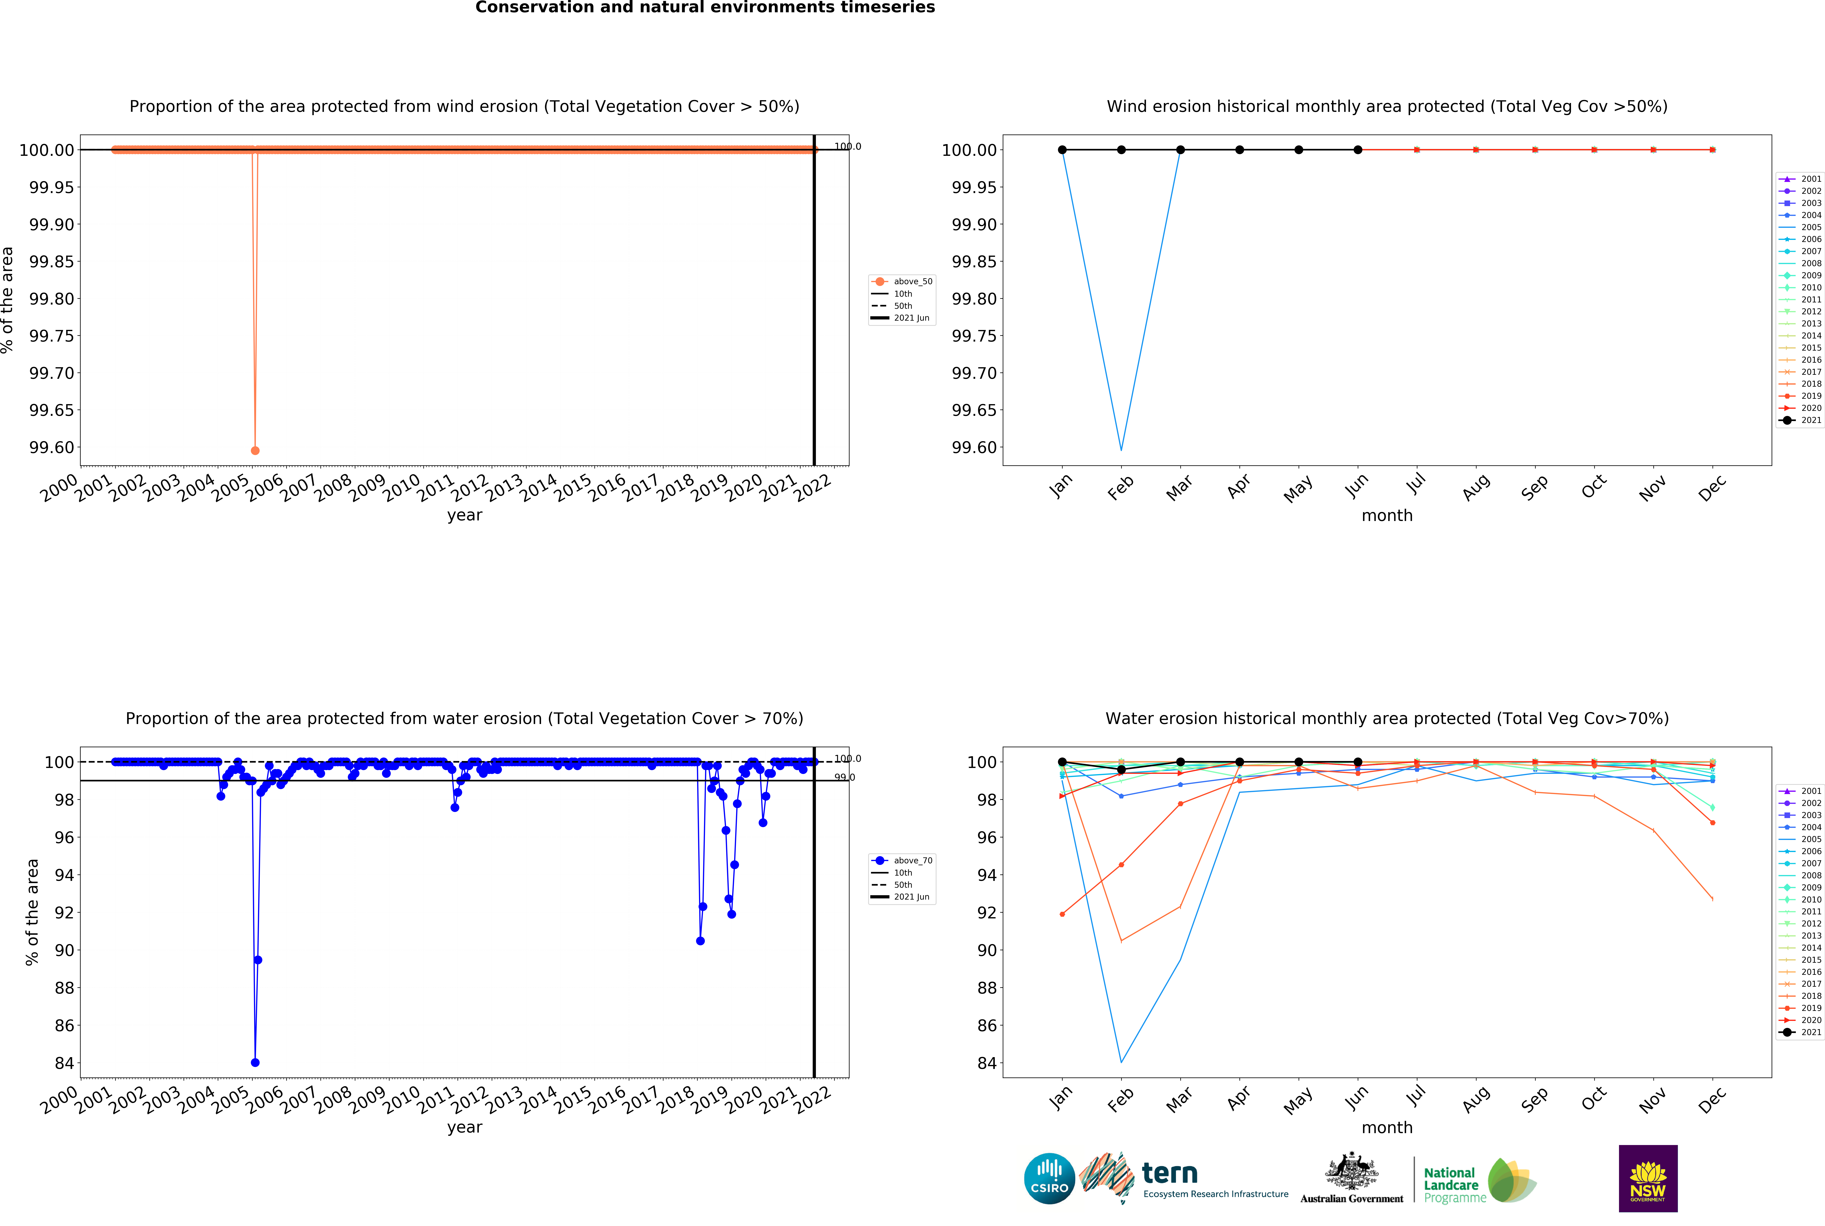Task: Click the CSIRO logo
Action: pyautogui.click(x=1049, y=1178)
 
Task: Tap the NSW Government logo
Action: pyautogui.click(x=1647, y=1178)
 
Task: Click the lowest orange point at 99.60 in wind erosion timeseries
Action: pyautogui.click(x=255, y=450)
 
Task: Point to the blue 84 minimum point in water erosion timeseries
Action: pyautogui.click(x=255, y=1063)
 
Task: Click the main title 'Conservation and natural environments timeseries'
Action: pyautogui.click(x=705, y=8)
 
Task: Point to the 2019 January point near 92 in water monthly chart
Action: pyautogui.click(x=1062, y=914)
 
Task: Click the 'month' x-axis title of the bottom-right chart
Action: pyautogui.click(x=1387, y=1128)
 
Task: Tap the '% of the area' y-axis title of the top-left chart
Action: pyautogui.click(x=8, y=300)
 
